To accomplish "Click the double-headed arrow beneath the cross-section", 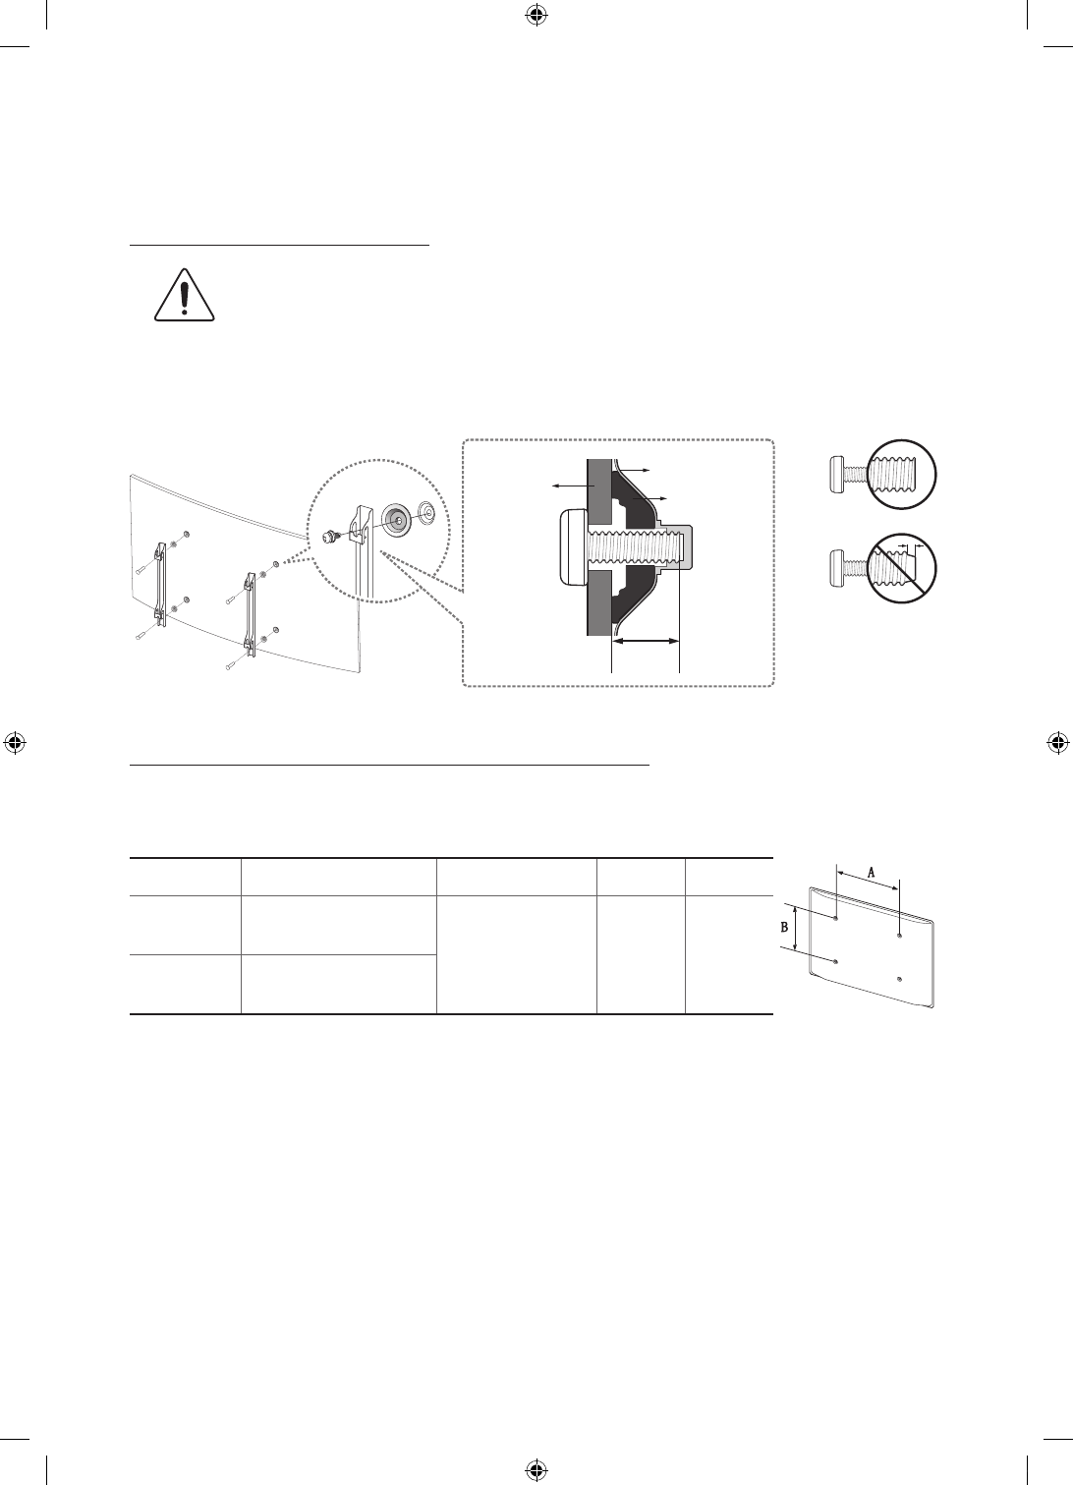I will tap(646, 641).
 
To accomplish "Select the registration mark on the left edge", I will tap(14, 742).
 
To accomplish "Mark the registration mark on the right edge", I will tap(1058, 742).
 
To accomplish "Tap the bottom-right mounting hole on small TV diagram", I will tap(899, 979).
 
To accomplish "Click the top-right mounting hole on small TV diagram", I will tap(899, 937).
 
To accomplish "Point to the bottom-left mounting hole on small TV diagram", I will tap(834, 960).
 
